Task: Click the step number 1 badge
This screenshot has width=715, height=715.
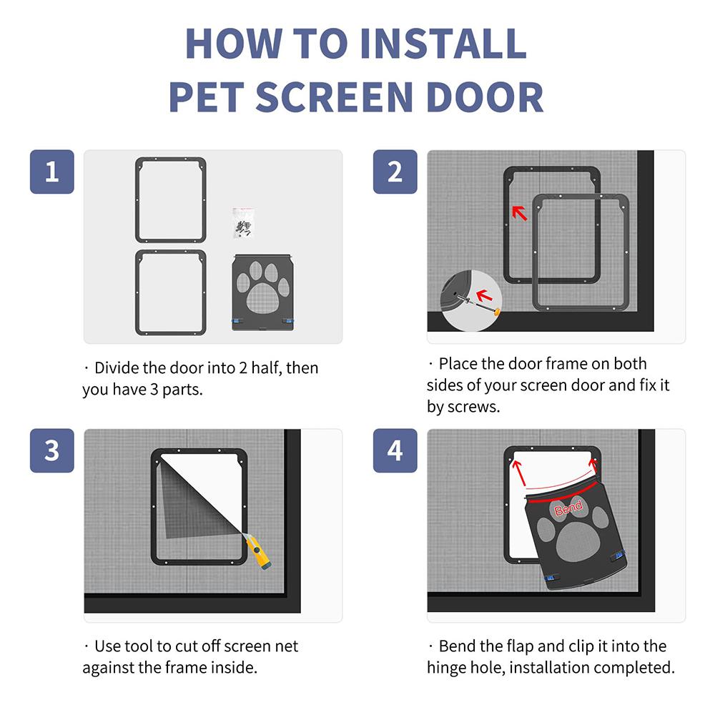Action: [51, 172]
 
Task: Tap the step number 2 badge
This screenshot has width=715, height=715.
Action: [395, 172]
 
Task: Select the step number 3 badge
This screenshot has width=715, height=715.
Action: [51, 450]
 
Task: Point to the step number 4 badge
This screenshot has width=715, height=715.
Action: [395, 450]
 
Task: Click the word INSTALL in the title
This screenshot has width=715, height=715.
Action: [443, 44]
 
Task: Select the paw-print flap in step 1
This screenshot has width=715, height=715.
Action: [262, 292]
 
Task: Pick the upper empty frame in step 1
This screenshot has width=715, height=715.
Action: [171, 200]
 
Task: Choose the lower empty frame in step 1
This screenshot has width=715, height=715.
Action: [171, 292]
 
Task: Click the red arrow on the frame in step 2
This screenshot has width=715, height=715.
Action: [520, 212]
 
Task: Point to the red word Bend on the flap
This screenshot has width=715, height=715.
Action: [568, 509]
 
